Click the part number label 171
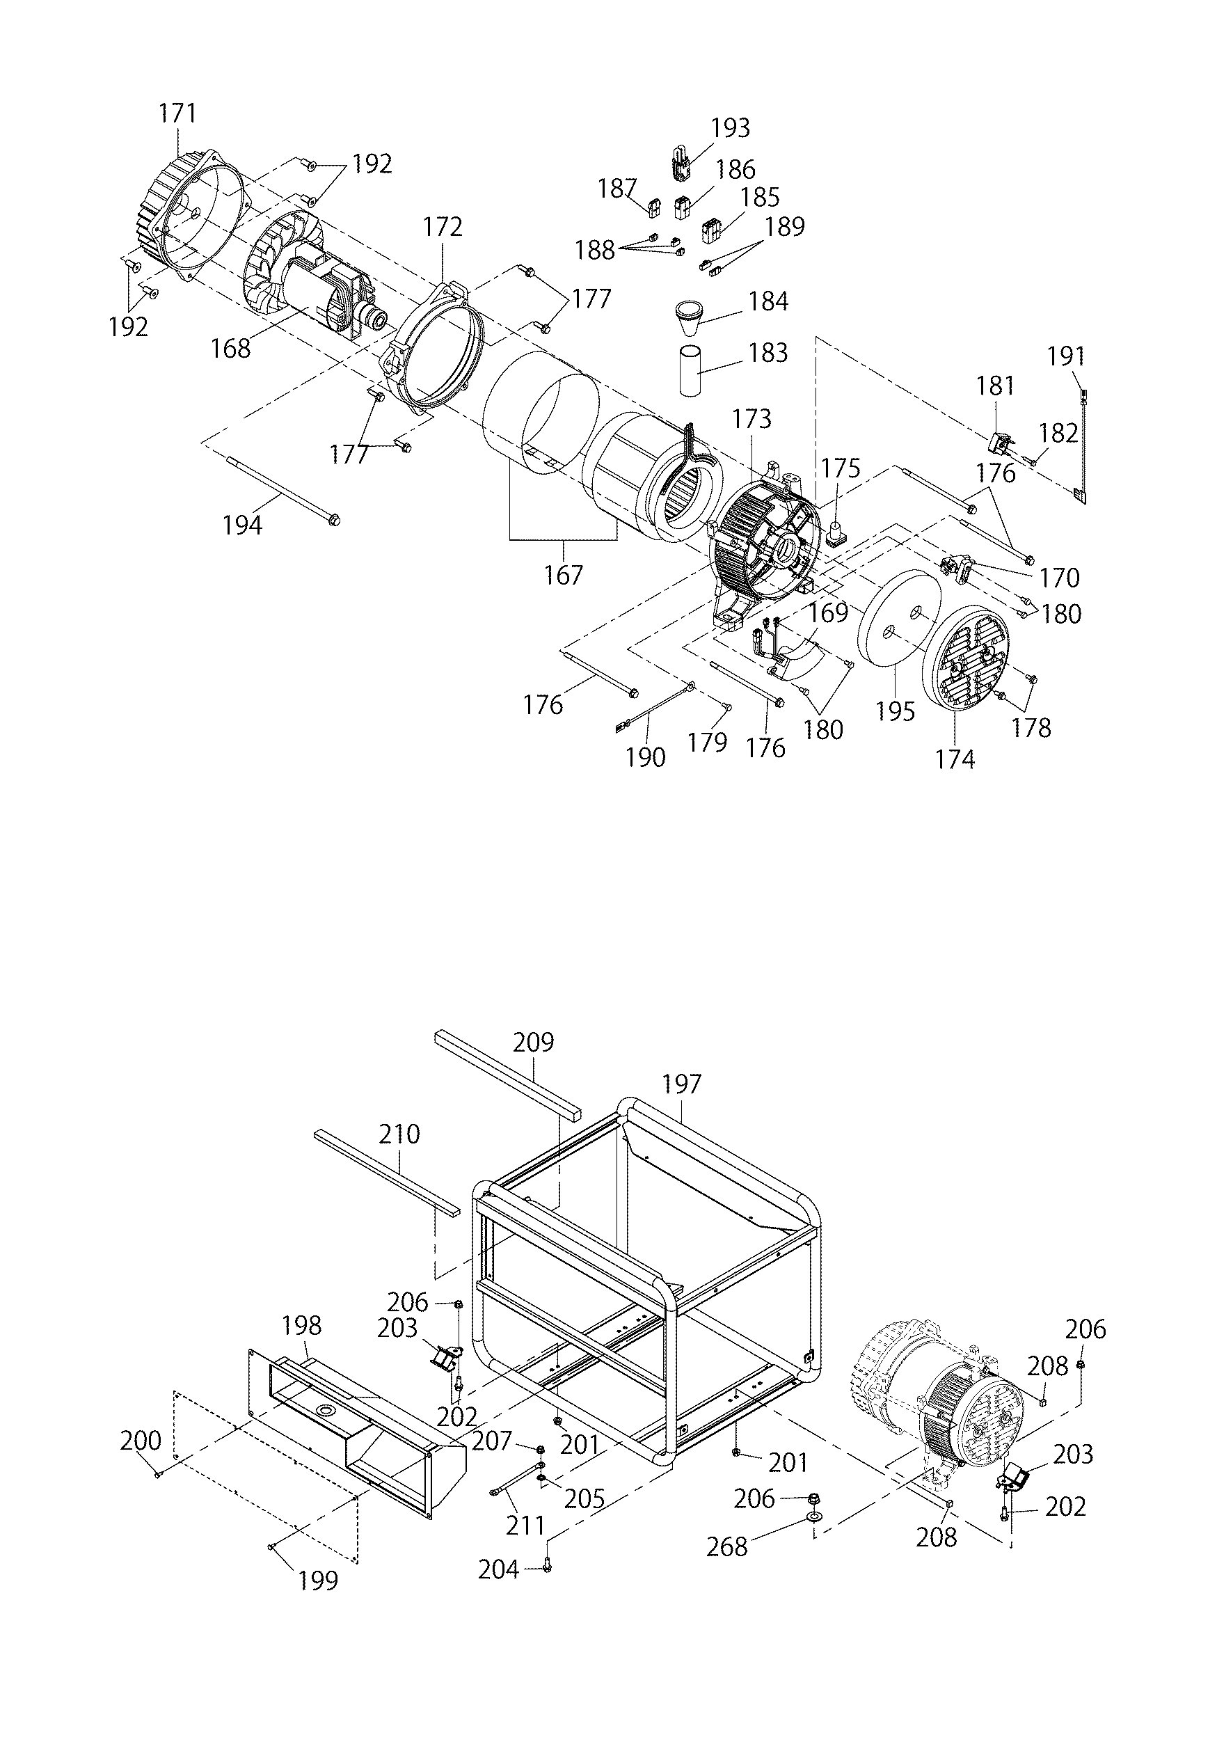(x=177, y=114)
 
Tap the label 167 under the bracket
(x=563, y=575)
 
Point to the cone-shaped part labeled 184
(x=690, y=318)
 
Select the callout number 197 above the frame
(x=681, y=1084)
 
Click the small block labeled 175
(x=838, y=532)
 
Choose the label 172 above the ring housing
(x=443, y=227)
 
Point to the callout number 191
(x=1066, y=356)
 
